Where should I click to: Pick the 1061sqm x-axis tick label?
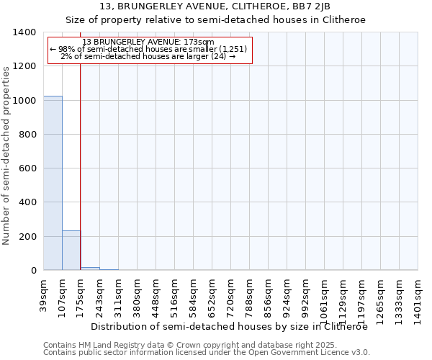click(324, 295)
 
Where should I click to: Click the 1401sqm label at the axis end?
click(418, 295)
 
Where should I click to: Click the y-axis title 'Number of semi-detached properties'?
click(7, 155)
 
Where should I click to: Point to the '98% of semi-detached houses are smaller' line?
click(149, 49)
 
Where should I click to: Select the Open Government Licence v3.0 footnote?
click(207, 352)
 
